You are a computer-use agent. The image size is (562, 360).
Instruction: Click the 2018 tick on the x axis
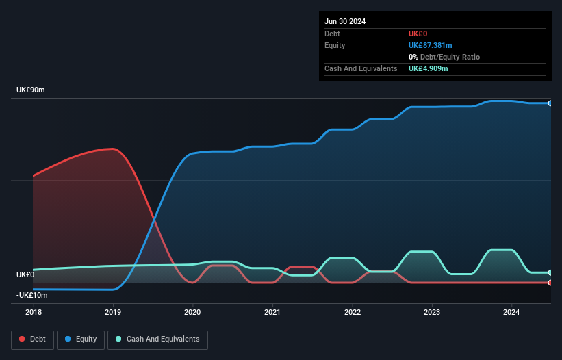point(33,312)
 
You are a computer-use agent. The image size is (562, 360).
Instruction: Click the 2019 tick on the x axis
point(113,312)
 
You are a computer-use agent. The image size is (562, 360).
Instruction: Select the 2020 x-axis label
point(193,312)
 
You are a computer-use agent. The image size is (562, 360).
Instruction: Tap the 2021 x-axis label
point(272,312)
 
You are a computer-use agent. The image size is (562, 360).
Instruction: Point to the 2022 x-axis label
point(353,312)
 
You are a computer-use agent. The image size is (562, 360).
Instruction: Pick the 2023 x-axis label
point(432,312)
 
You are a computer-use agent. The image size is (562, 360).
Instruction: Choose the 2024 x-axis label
point(512,312)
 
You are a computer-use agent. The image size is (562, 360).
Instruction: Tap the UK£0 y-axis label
point(25,274)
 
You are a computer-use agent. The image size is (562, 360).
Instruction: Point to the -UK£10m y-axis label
point(31,295)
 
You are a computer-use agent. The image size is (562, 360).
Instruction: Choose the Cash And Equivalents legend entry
point(157,339)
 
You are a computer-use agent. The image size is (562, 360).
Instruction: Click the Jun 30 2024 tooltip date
point(345,21)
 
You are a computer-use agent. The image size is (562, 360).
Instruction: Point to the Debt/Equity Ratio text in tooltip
point(448,57)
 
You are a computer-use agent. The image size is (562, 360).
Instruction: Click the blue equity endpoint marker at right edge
point(550,103)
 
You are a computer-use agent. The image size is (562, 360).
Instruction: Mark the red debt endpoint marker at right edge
point(550,282)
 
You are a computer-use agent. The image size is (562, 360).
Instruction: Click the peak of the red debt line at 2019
point(112,149)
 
